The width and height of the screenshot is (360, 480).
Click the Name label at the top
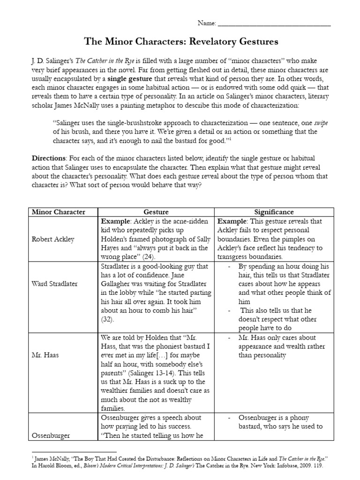[x=207, y=23]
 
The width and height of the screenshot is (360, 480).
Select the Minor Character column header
[x=58, y=212]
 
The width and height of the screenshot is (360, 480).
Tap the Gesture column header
[x=156, y=212]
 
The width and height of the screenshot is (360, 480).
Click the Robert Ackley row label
[x=53, y=239]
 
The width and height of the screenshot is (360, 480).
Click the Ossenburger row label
[x=51, y=435]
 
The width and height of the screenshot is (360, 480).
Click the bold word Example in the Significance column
[x=232, y=221]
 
